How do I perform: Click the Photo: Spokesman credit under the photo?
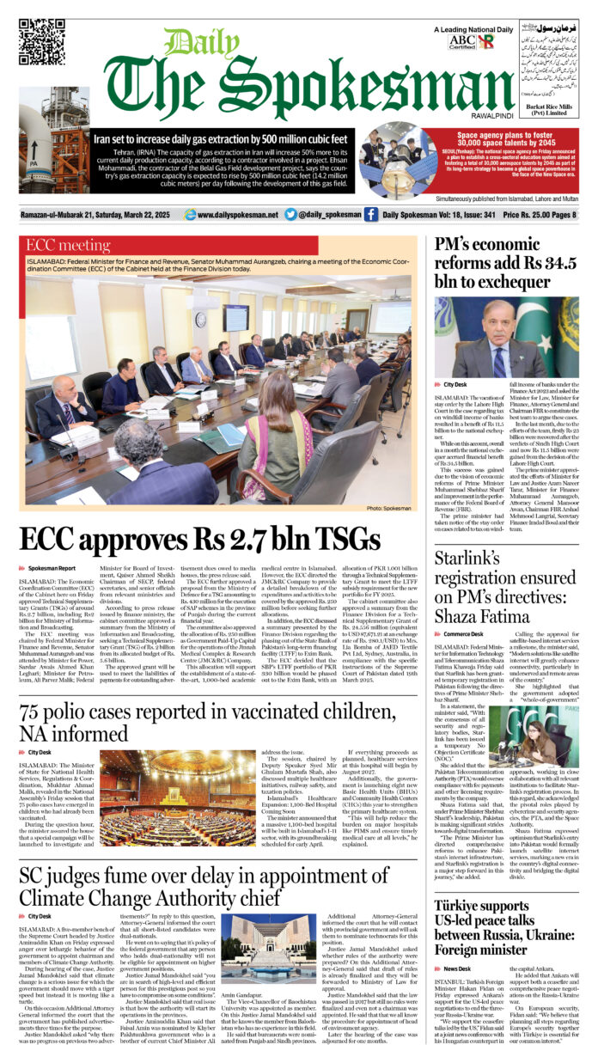(390, 509)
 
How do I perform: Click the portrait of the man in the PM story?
(511, 338)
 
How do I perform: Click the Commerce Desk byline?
(463, 633)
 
